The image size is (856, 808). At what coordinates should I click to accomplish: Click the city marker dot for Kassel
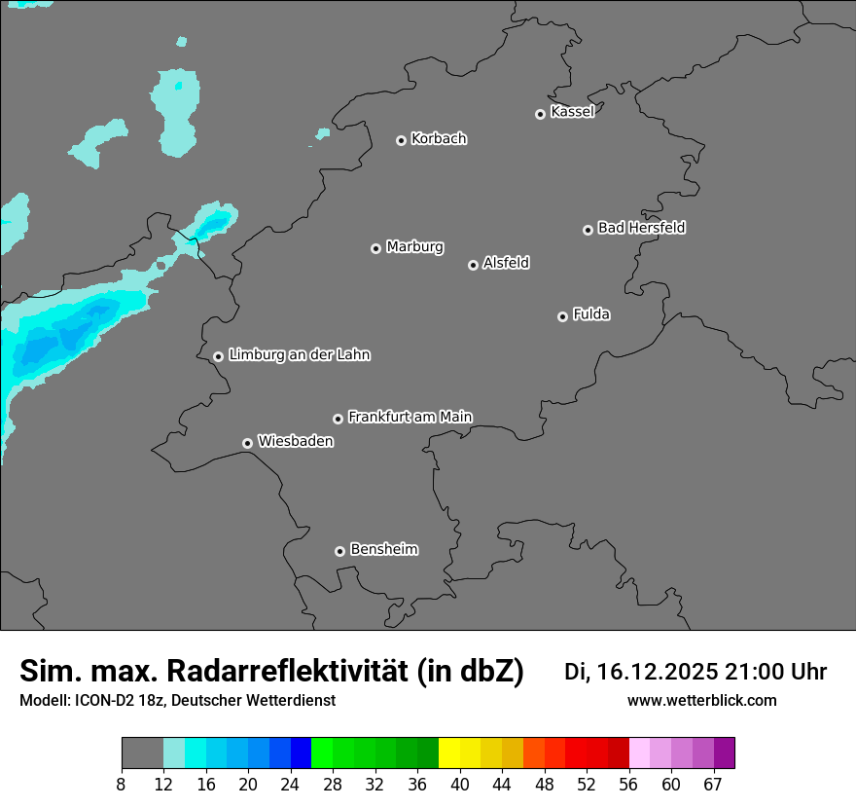[540, 114]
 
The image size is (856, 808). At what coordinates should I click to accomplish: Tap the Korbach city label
[439, 139]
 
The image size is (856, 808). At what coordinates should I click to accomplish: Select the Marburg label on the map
[414, 247]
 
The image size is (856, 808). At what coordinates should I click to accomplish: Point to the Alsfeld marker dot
[473, 265]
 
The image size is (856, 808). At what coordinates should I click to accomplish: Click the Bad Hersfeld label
[641, 228]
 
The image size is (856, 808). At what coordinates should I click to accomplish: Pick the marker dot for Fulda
[562, 316]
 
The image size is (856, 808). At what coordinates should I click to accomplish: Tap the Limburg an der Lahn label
[299, 355]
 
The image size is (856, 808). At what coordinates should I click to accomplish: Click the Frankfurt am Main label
[410, 417]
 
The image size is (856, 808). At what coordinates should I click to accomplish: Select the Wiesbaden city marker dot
[247, 443]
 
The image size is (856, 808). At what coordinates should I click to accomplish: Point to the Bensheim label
[383, 549]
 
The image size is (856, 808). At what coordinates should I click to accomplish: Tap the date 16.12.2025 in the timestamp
[659, 672]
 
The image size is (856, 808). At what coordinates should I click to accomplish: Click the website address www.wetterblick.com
[701, 701]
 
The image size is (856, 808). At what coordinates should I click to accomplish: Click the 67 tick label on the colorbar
[713, 784]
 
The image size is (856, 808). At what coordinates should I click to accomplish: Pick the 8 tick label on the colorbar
[122, 784]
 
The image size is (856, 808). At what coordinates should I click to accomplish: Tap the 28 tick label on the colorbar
[333, 784]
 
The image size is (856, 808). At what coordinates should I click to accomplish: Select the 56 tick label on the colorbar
[629, 784]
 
